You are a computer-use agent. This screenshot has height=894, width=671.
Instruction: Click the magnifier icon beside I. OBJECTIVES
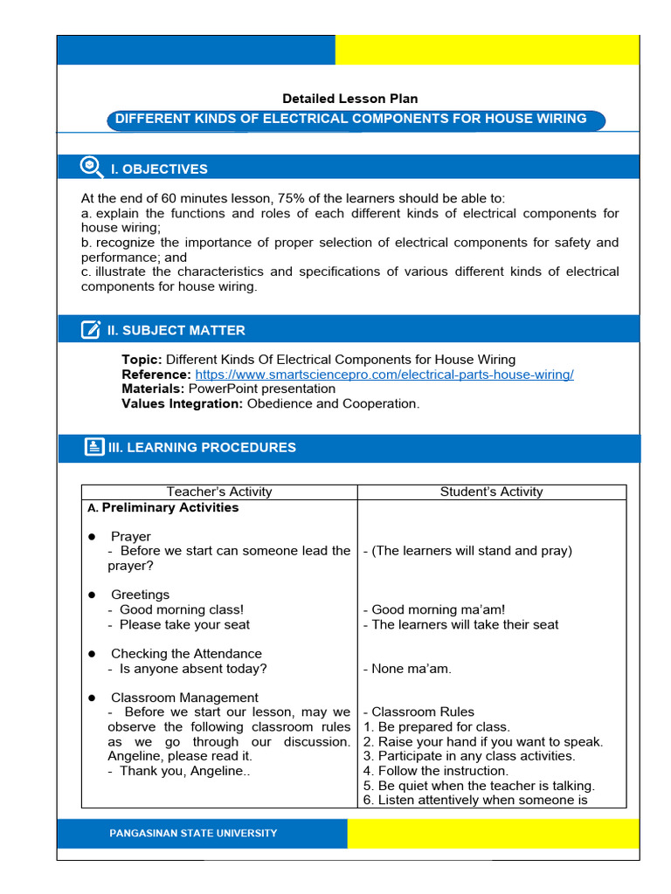click(x=91, y=167)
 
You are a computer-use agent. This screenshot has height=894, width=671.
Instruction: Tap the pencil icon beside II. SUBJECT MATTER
click(x=91, y=329)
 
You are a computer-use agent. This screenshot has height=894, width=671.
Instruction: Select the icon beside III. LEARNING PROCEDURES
click(x=94, y=447)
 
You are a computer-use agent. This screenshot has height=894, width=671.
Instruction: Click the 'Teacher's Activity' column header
click(x=219, y=492)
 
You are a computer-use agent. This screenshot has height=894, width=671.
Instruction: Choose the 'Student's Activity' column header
click(x=491, y=492)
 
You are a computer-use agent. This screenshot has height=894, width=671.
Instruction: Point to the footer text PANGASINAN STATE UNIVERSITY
click(x=193, y=833)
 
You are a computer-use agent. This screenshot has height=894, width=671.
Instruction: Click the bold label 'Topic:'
click(x=142, y=360)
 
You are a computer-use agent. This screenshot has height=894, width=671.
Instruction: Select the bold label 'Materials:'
click(x=153, y=389)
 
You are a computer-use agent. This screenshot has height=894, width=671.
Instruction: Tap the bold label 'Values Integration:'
click(x=182, y=403)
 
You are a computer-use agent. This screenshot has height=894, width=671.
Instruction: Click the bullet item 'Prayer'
click(x=130, y=536)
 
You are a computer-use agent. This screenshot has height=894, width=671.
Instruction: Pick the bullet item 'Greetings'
click(x=140, y=595)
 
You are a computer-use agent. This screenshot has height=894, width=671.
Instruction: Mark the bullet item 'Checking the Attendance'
click(x=185, y=653)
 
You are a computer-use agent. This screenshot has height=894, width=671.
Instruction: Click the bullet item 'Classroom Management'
click(x=183, y=697)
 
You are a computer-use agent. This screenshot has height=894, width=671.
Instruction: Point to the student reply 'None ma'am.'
click(x=407, y=669)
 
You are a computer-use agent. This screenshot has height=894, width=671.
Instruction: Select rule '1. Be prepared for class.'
click(x=436, y=726)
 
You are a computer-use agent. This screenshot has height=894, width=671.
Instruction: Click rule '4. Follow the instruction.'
click(x=435, y=771)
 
